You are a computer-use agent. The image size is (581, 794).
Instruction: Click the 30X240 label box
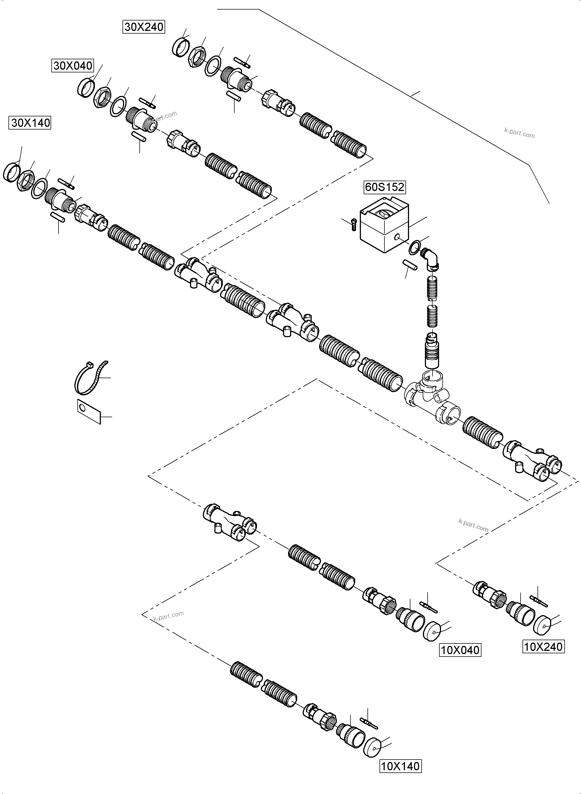tap(144, 27)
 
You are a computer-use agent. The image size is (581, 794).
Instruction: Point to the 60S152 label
tap(384, 187)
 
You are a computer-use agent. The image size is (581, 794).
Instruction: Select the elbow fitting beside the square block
tap(431, 259)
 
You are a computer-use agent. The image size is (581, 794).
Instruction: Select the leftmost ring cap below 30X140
tap(11, 172)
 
